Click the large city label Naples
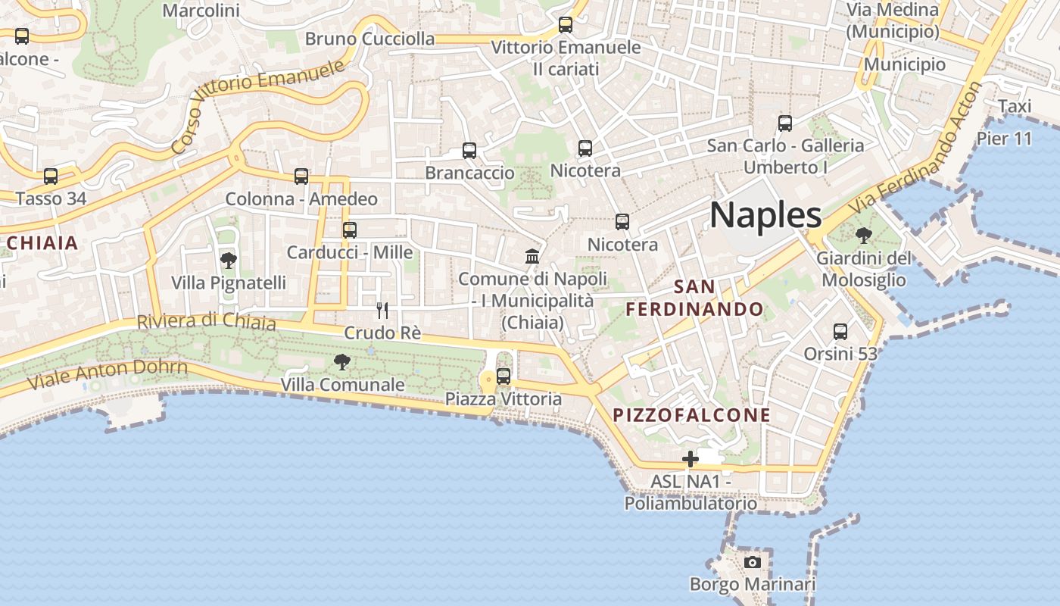coord(765,215)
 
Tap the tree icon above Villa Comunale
coord(342,362)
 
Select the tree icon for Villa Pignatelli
coord(228,261)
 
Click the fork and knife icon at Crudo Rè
coord(382,311)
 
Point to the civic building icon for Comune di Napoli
coord(532,256)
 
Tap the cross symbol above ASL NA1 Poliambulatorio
coord(690,458)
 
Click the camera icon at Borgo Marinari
coord(752,562)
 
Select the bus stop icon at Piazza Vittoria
coord(503,376)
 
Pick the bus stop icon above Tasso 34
coord(51,176)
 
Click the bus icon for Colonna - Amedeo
coord(301,176)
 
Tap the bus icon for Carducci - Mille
coord(349,230)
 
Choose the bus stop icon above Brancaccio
coord(469,151)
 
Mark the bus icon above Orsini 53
coord(840,331)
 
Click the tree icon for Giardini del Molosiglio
coord(863,236)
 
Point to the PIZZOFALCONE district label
coord(691,415)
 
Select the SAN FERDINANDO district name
coord(694,298)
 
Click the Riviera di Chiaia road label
coord(206,321)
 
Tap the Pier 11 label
coord(1004,139)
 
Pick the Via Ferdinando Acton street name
coord(915,148)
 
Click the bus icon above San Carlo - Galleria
coord(785,123)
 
